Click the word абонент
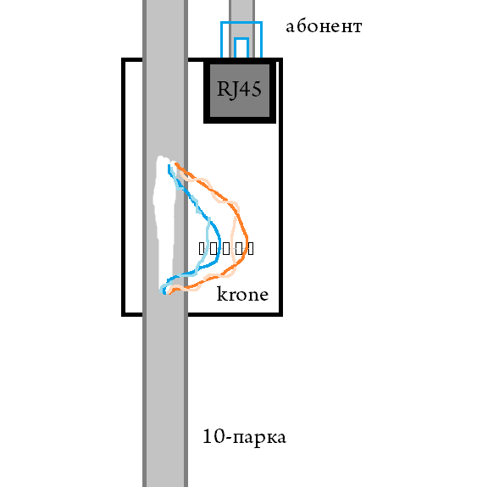(x=324, y=27)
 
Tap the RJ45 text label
(x=239, y=90)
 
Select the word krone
(x=242, y=294)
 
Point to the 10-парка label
(x=244, y=437)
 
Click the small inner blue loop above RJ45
(x=241, y=38)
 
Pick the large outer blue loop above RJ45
(x=241, y=22)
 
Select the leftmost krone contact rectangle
(x=202, y=248)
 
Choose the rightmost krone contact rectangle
(x=250, y=248)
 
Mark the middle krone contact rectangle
(x=226, y=248)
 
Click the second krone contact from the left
(x=214, y=248)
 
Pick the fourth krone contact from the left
(x=239, y=248)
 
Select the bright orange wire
(x=247, y=239)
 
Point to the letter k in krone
(x=222, y=294)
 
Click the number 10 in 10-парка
(x=214, y=435)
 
